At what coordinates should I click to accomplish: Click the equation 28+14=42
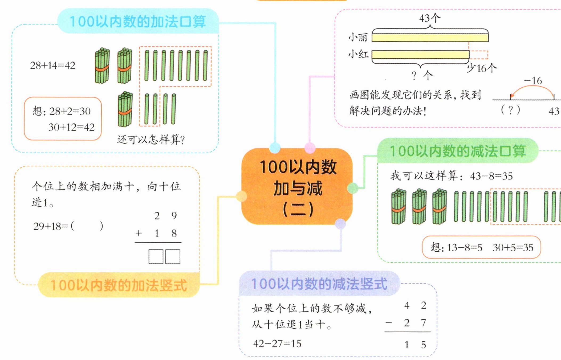pos(53,66)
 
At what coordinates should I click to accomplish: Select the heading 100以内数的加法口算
pos(138,21)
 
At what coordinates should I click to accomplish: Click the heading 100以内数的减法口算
pos(458,151)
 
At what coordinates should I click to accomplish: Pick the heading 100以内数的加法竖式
pos(119,285)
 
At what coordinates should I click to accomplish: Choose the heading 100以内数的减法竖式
pos(319,284)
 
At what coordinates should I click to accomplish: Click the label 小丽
pos(358,38)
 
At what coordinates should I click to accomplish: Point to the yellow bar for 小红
pos(420,55)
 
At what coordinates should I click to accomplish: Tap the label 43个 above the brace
pos(430,18)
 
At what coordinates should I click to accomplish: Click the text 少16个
pos(482,68)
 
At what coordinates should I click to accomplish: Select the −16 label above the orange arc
pos(533,81)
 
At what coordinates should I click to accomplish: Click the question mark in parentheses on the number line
pos(510,110)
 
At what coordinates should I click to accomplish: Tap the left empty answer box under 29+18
pos(156,257)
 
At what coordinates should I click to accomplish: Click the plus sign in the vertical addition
pos(139,234)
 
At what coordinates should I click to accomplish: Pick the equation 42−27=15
pos(277,344)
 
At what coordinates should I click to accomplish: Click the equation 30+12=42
pos(71,127)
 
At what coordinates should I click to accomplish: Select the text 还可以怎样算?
pos(151,140)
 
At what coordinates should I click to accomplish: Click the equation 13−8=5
pos(464,248)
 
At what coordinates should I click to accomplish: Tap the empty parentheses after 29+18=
pos(87,226)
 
